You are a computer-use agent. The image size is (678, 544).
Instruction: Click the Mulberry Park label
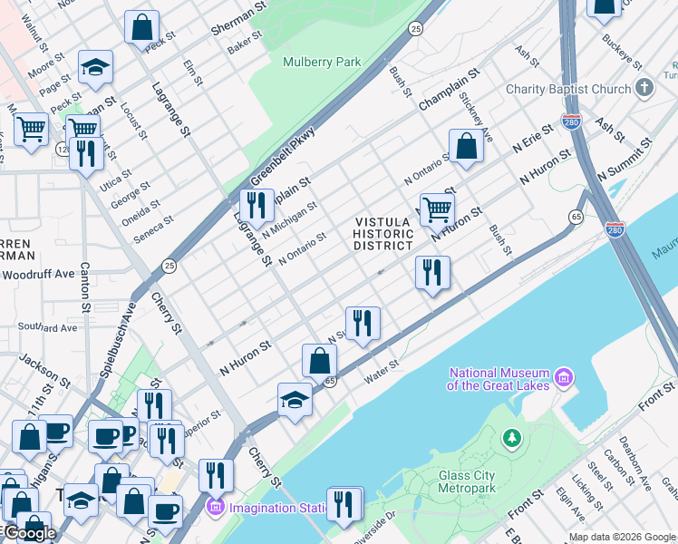(322, 63)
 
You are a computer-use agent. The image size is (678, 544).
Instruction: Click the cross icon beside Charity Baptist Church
(644, 88)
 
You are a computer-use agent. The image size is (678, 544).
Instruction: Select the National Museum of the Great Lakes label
(499, 379)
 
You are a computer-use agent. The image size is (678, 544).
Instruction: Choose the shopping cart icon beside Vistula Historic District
(437, 209)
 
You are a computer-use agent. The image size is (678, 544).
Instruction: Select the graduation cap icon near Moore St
(95, 67)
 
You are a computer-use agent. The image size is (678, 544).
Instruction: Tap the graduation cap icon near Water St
(295, 399)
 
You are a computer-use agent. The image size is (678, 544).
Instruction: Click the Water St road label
(382, 366)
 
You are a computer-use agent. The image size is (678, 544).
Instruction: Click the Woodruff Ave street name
(38, 273)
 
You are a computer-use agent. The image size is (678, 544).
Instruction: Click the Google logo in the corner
(29, 534)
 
